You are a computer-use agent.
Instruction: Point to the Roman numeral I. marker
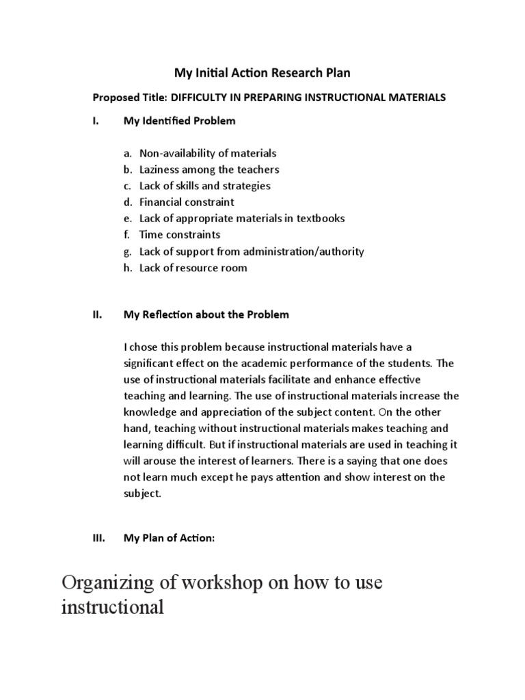pyautogui.click(x=96, y=121)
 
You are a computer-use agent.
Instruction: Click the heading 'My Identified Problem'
pyautogui.click(x=179, y=121)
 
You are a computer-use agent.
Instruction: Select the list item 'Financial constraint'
pyautogui.click(x=187, y=202)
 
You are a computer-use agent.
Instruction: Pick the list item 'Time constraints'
pyautogui.click(x=180, y=235)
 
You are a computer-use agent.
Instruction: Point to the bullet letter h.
pyautogui.click(x=127, y=268)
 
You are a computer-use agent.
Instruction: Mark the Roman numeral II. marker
pyautogui.click(x=97, y=314)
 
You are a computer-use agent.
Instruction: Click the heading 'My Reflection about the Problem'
pyautogui.click(x=206, y=314)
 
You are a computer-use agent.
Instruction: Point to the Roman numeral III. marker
pyautogui.click(x=98, y=539)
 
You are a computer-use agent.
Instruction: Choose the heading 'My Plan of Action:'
pyautogui.click(x=169, y=539)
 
